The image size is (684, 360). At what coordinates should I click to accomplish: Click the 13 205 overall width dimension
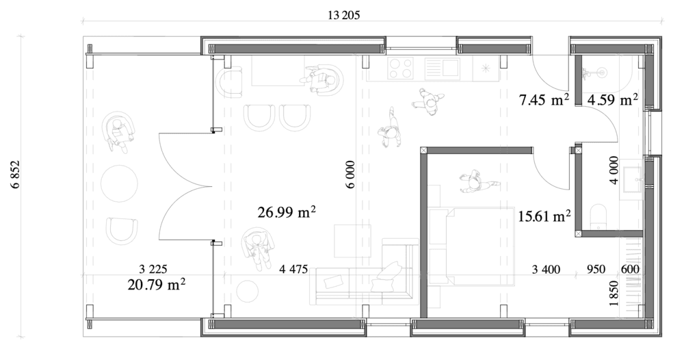point(344,16)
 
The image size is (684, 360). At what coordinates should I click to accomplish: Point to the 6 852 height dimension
point(16,174)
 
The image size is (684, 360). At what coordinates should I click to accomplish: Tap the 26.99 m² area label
point(287,212)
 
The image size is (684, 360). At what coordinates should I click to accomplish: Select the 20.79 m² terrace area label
point(156,285)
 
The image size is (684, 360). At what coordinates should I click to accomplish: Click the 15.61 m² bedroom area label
point(544,216)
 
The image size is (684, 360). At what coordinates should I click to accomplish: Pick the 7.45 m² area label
point(544,100)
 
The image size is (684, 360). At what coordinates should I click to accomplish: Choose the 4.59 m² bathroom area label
point(612,100)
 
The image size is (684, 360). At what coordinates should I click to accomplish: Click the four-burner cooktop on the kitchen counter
point(400,68)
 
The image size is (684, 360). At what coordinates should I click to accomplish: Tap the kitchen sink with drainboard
point(443,68)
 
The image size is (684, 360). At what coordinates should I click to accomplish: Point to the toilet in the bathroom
point(598,216)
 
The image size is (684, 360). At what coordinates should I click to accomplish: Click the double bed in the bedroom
point(471,246)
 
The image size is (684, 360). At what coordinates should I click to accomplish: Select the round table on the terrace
point(119,183)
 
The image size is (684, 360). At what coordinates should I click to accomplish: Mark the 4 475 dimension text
point(293,269)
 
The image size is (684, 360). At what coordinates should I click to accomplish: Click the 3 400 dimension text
point(546,270)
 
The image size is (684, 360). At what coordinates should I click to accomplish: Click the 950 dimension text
point(596,269)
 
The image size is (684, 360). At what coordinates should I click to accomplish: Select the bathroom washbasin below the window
point(633,179)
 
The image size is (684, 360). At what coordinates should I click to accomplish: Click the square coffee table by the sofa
point(352,241)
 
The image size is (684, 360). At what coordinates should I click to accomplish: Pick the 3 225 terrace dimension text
point(153,269)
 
